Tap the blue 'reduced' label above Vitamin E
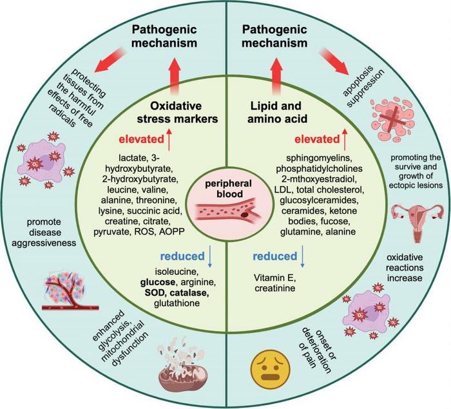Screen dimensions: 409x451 click(273, 257)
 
